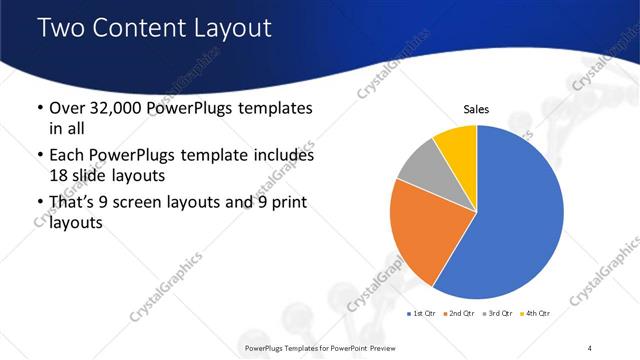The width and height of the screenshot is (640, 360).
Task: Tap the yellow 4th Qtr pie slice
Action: [457, 142]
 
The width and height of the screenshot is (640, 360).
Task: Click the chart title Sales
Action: [475, 110]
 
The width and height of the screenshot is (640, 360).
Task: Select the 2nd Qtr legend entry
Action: [459, 313]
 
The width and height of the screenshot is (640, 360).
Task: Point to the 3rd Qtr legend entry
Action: [497, 313]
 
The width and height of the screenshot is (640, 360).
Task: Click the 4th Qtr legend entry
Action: [536, 313]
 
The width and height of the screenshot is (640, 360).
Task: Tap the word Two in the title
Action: [59, 28]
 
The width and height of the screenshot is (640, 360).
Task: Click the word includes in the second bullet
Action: [284, 156]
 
